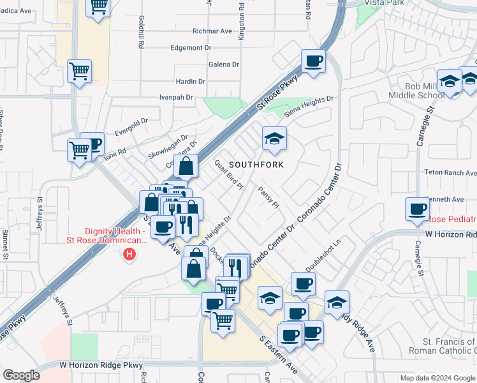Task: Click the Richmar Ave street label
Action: tap(212, 31)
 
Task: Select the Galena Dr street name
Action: tap(223, 64)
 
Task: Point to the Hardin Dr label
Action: tap(191, 82)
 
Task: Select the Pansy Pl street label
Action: tap(268, 197)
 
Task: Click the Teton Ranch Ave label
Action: tap(451, 173)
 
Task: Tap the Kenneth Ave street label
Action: tap(448, 199)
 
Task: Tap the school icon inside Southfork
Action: tap(274, 139)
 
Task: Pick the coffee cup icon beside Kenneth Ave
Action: tap(418, 209)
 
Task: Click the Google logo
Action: tap(22, 375)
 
